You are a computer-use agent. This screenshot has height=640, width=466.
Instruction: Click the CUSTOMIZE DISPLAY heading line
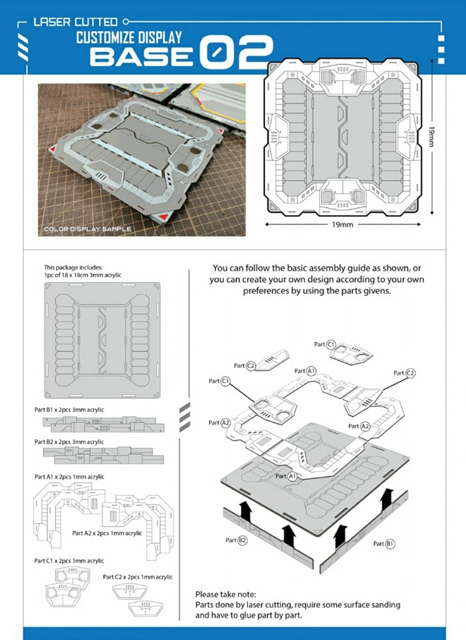point(128,37)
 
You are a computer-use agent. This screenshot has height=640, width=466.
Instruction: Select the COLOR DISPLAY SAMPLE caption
point(87,229)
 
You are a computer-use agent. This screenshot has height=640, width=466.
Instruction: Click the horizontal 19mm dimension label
point(343,225)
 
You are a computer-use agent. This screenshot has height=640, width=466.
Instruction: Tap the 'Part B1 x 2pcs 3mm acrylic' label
point(69,409)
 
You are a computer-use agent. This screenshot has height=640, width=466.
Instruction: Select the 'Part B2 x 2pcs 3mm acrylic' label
point(69,442)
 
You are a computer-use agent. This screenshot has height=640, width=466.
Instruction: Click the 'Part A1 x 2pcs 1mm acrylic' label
point(69,477)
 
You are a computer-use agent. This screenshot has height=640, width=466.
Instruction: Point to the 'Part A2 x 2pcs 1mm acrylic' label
point(107,533)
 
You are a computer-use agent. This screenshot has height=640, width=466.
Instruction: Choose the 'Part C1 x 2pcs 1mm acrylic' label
point(69,561)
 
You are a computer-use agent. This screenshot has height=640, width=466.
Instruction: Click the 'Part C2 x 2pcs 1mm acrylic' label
point(138,577)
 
